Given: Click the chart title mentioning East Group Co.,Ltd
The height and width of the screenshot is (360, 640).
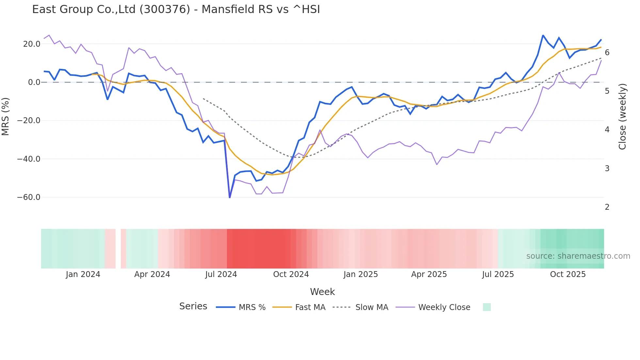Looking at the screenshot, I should point(176,9).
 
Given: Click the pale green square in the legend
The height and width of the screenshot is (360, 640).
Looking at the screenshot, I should point(487,307).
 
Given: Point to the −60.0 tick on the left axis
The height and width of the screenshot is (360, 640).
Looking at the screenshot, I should point(29,197).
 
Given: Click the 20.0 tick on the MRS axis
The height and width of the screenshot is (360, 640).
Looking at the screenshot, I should point(32,44).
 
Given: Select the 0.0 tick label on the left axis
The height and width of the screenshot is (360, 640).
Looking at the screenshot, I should point(34,82).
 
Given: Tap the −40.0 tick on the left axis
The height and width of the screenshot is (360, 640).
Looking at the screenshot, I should point(29,159).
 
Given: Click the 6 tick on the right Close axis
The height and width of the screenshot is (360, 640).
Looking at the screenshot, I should point(607,53).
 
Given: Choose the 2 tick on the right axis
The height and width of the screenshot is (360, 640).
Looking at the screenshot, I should point(607,207).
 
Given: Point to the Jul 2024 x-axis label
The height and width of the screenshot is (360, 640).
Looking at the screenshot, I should point(221,274).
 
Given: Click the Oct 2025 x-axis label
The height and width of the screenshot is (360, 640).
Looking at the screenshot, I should point(568,274).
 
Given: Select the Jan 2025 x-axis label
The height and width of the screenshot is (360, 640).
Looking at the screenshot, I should point(360,274).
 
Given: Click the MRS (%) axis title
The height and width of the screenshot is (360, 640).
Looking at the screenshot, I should point(6,117).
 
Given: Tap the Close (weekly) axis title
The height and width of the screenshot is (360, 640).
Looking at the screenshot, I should point(622,117).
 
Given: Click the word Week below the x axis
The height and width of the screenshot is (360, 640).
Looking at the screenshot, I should point(322,292).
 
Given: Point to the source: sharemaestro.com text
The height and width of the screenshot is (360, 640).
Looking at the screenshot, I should point(578,256).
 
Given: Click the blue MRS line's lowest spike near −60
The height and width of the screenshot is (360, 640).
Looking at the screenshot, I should point(230,197).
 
